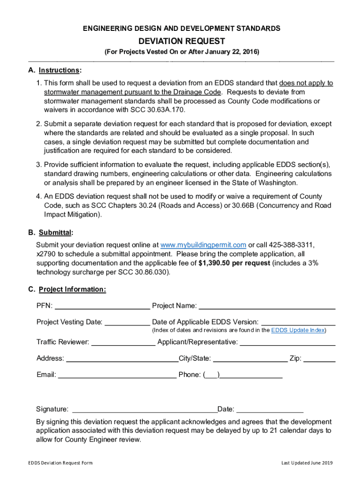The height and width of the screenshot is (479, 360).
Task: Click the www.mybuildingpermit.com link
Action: (203, 245)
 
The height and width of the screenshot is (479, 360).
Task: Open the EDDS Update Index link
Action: (298, 330)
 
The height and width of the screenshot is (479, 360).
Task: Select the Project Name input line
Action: (267, 306)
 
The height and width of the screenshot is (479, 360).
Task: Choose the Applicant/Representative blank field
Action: (287, 342)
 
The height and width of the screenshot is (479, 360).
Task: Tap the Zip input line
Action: (319, 359)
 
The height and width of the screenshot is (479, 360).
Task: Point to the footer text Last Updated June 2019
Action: (307, 463)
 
